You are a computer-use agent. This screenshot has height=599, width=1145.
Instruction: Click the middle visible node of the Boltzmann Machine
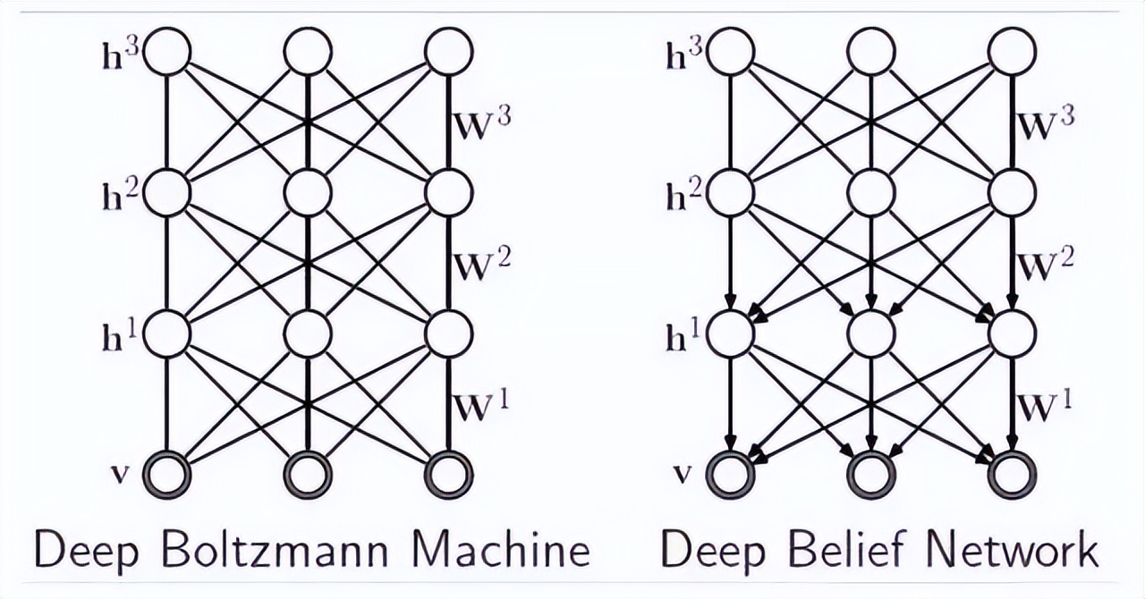[308, 475]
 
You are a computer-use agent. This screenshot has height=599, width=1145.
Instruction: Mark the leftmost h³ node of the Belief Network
[731, 52]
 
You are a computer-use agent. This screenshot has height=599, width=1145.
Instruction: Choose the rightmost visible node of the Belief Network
[1013, 475]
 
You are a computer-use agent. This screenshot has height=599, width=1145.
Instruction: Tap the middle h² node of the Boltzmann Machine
[308, 193]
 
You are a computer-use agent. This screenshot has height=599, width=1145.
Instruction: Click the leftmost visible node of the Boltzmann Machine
[167, 475]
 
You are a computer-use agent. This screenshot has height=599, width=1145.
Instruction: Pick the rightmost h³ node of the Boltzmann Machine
[449, 52]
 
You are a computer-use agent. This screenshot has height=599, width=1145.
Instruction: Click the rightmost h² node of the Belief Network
[1013, 193]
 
